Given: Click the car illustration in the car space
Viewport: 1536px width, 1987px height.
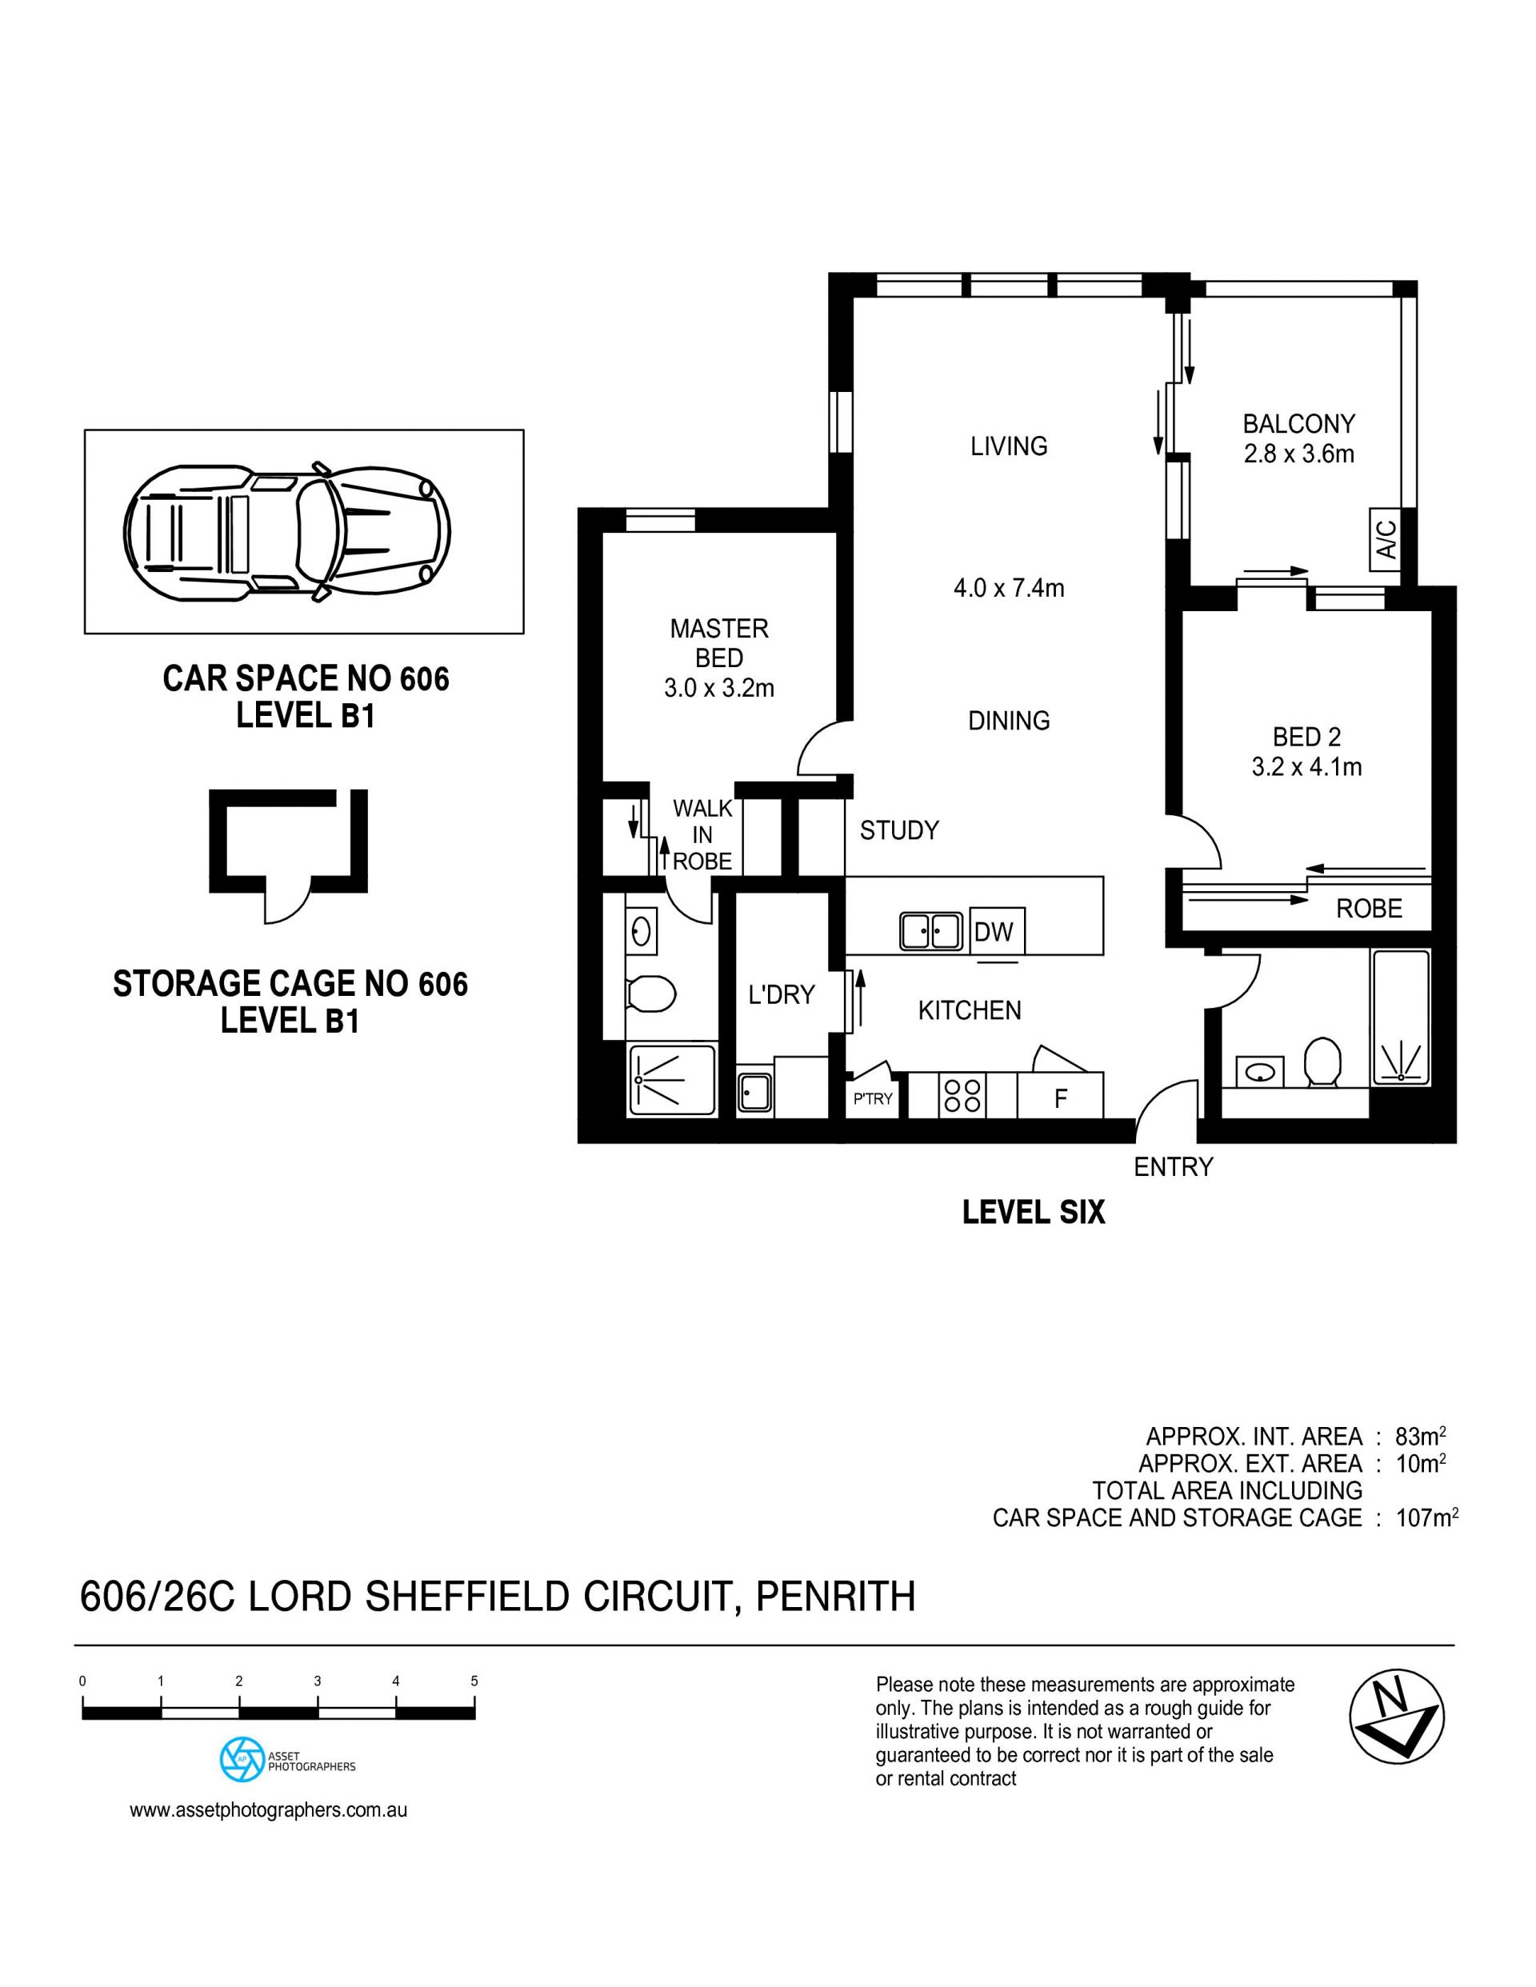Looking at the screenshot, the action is coord(286,530).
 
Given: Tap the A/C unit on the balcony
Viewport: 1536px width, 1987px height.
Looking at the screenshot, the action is coord(1385,539).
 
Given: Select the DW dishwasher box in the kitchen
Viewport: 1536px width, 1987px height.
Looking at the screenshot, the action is coord(996,931).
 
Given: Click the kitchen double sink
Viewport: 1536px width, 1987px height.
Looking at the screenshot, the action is coord(931,931).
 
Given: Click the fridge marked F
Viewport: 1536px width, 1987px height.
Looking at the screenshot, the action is coord(1060,1097).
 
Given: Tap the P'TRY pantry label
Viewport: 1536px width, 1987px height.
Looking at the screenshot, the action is coord(873,1099).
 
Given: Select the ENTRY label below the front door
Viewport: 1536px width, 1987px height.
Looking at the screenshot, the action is coord(1173,1166).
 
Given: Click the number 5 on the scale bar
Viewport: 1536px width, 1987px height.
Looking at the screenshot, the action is coord(474,1681).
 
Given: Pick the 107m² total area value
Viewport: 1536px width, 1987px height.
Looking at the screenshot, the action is coord(1427,1517).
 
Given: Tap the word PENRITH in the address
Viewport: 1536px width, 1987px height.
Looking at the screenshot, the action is coord(835,1597).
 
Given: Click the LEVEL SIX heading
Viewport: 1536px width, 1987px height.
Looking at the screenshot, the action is coord(1034,1212).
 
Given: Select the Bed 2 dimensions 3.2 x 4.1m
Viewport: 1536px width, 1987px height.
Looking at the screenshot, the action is coord(1306,767).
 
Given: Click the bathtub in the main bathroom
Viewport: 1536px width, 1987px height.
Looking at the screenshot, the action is coord(1401,1017).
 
